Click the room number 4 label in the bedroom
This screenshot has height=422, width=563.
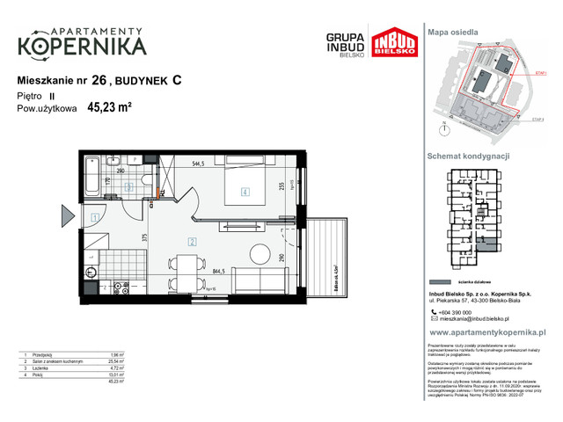click(x=246, y=193)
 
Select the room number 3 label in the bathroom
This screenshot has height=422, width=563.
click(x=128, y=186)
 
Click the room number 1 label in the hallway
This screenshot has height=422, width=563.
click(x=94, y=217)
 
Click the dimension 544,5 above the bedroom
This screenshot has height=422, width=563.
click(x=196, y=163)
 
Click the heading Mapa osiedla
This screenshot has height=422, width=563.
click(x=452, y=31)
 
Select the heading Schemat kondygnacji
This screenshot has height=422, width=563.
click(x=469, y=156)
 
